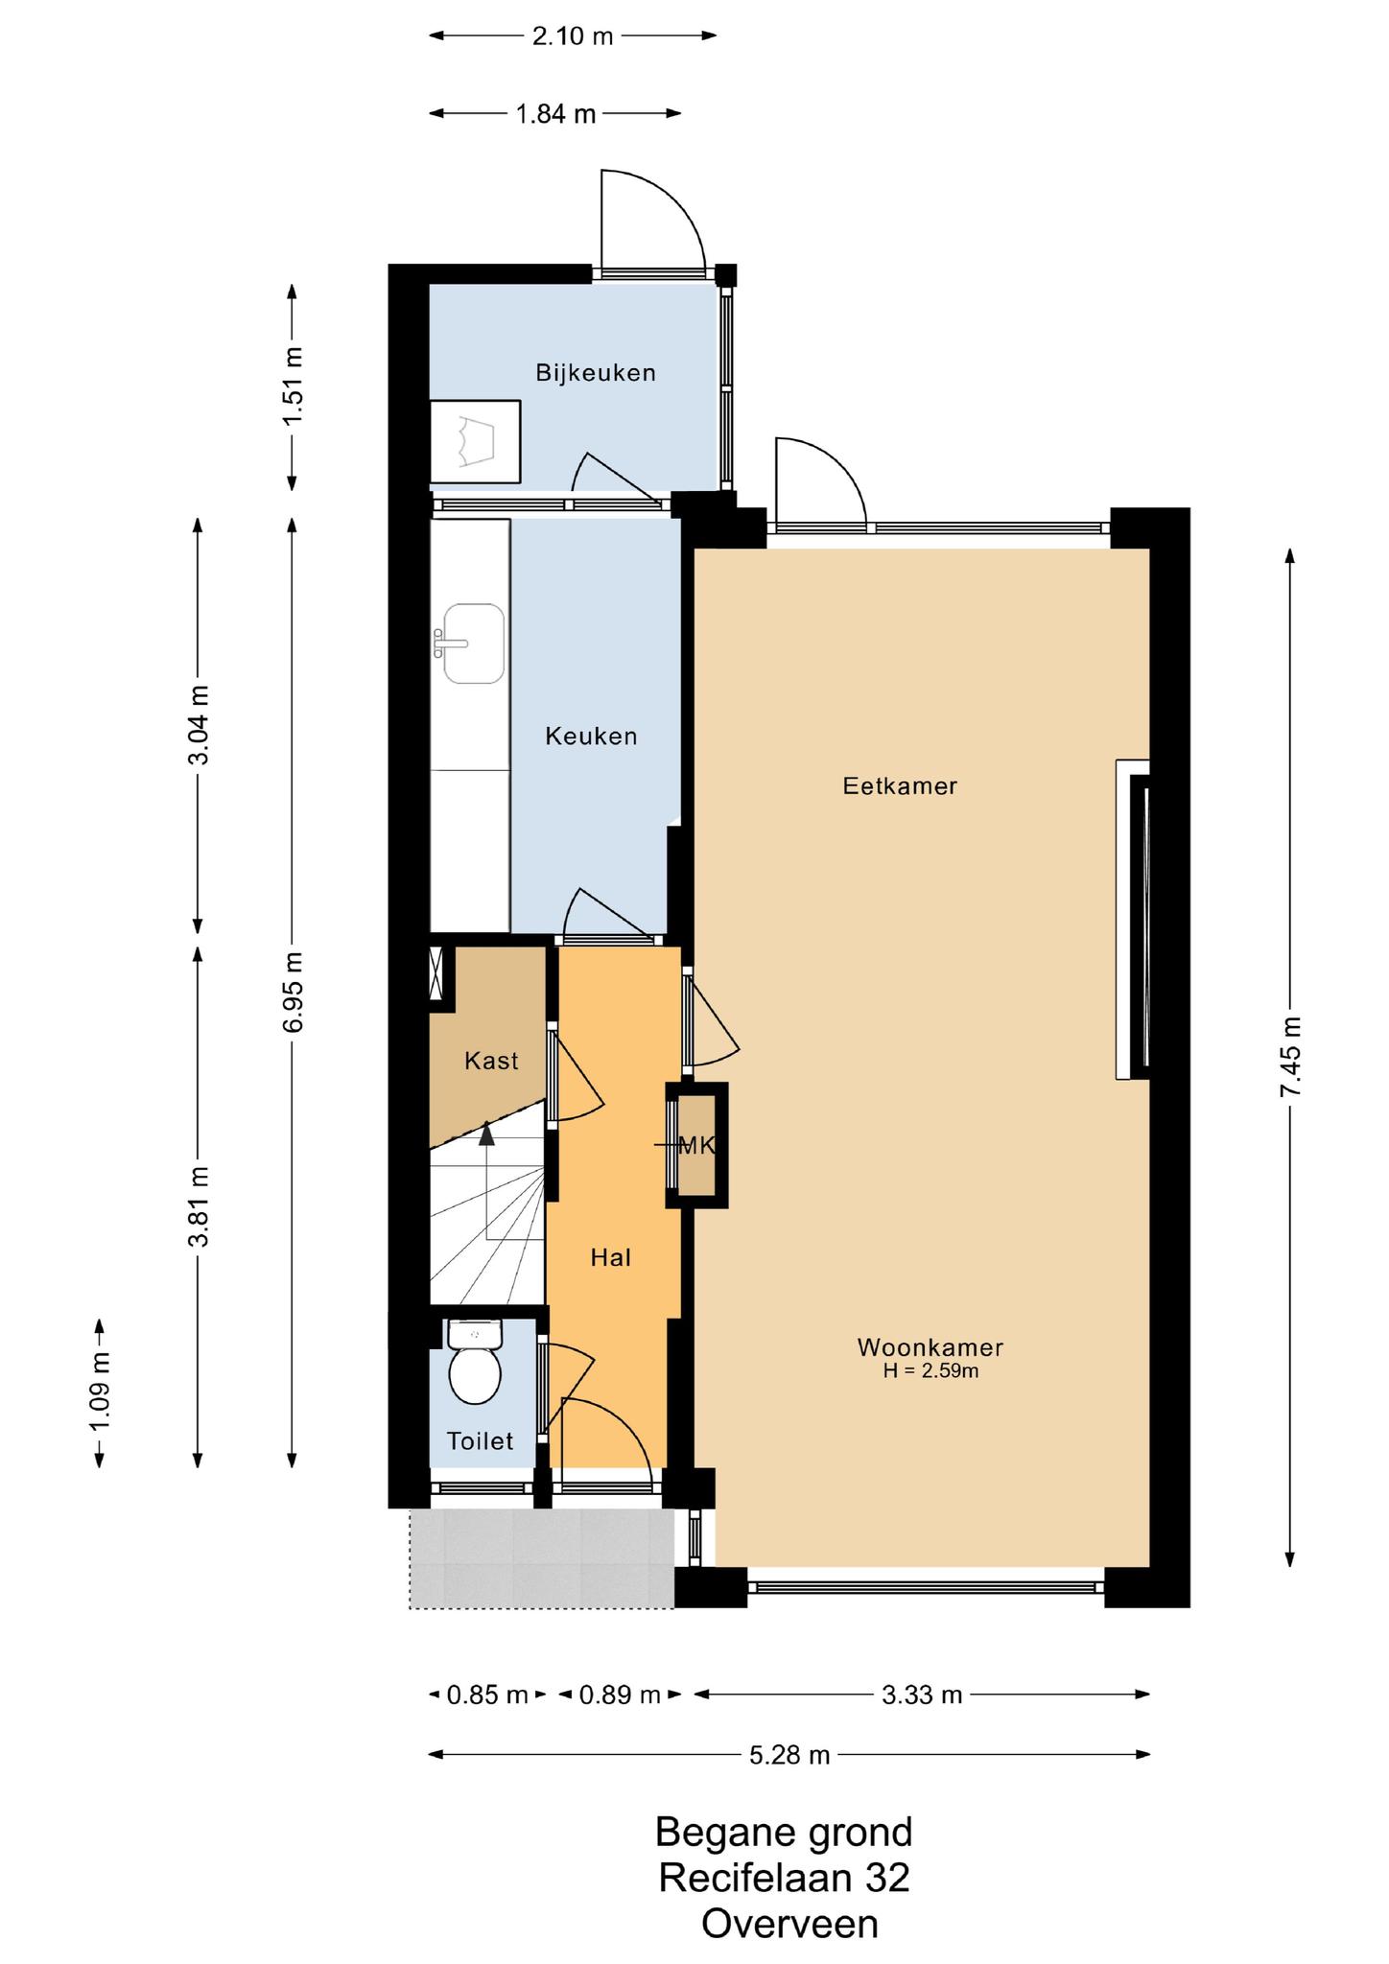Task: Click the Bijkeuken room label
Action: click(x=596, y=372)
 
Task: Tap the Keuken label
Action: click(x=591, y=736)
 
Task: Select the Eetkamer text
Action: click(x=900, y=786)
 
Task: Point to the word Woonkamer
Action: click(x=930, y=1347)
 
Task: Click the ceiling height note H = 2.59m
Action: click(x=930, y=1371)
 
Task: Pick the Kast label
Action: click(x=491, y=1061)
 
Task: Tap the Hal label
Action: click(x=610, y=1257)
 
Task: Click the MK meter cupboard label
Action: click(x=697, y=1144)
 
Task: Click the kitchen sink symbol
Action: click(x=470, y=643)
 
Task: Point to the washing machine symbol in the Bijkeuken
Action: click(x=475, y=442)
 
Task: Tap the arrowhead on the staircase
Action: click(x=486, y=1134)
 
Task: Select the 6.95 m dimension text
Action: click(x=293, y=992)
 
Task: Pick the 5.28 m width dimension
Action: click(x=789, y=1755)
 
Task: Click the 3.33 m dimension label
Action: click(x=922, y=1695)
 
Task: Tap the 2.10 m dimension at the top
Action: click(x=573, y=36)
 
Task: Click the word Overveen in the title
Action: click(x=789, y=1897)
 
